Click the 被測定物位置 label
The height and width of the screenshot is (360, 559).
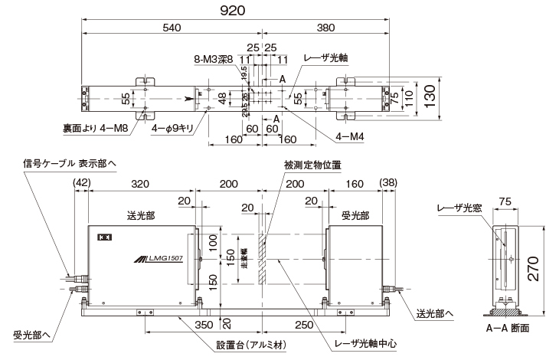tap(302, 164)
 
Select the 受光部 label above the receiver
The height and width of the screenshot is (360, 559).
tap(355, 216)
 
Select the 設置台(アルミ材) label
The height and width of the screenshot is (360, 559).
tap(250, 345)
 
